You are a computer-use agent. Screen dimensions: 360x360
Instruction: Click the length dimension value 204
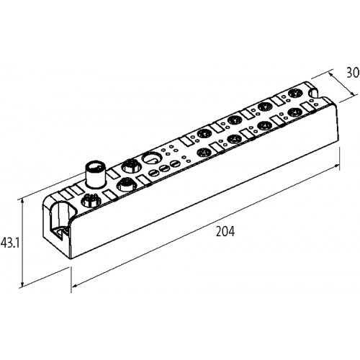point(225,232)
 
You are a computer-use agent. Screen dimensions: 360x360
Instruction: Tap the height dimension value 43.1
point(10,243)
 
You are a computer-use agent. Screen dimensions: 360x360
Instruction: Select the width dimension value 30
point(353,73)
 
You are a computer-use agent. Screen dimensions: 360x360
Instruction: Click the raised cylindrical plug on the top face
point(95,174)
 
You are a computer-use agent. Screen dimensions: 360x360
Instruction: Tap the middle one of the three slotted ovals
point(163,168)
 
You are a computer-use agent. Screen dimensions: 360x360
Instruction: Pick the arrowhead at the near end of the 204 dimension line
point(75,286)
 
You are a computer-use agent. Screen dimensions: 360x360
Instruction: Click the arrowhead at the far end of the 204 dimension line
point(337,166)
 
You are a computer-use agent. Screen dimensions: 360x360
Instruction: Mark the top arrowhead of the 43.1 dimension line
point(22,201)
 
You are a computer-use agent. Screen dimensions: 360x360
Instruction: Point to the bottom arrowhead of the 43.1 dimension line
point(22,284)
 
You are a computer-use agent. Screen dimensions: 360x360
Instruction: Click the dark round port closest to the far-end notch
point(294,94)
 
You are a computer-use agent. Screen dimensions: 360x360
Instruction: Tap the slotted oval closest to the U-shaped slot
point(153,174)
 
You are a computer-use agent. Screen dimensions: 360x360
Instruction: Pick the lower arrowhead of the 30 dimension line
point(353,95)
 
